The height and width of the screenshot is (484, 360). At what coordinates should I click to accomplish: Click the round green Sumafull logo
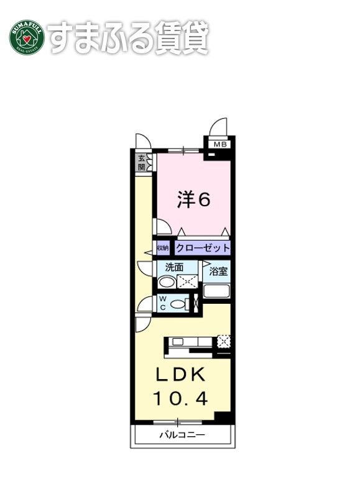point(26,39)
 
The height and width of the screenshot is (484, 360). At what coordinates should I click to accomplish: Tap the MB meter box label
point(220,145)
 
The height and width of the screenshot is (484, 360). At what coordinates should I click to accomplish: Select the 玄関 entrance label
point(142,163)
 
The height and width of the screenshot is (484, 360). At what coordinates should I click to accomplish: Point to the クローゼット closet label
point(203,248)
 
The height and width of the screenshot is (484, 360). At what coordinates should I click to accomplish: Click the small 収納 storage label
point(162,248)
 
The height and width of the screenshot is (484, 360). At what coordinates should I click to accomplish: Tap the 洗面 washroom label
point(174,268)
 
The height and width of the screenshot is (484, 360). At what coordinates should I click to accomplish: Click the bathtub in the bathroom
point(218,291)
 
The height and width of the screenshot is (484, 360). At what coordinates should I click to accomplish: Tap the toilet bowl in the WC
point(179,304)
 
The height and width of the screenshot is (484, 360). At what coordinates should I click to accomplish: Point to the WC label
point(162,304)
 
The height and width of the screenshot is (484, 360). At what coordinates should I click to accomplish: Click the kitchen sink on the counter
point(178,341)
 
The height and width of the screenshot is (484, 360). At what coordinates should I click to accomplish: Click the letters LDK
point(179,375)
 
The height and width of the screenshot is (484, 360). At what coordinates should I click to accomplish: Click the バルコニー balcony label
point(182,434)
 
